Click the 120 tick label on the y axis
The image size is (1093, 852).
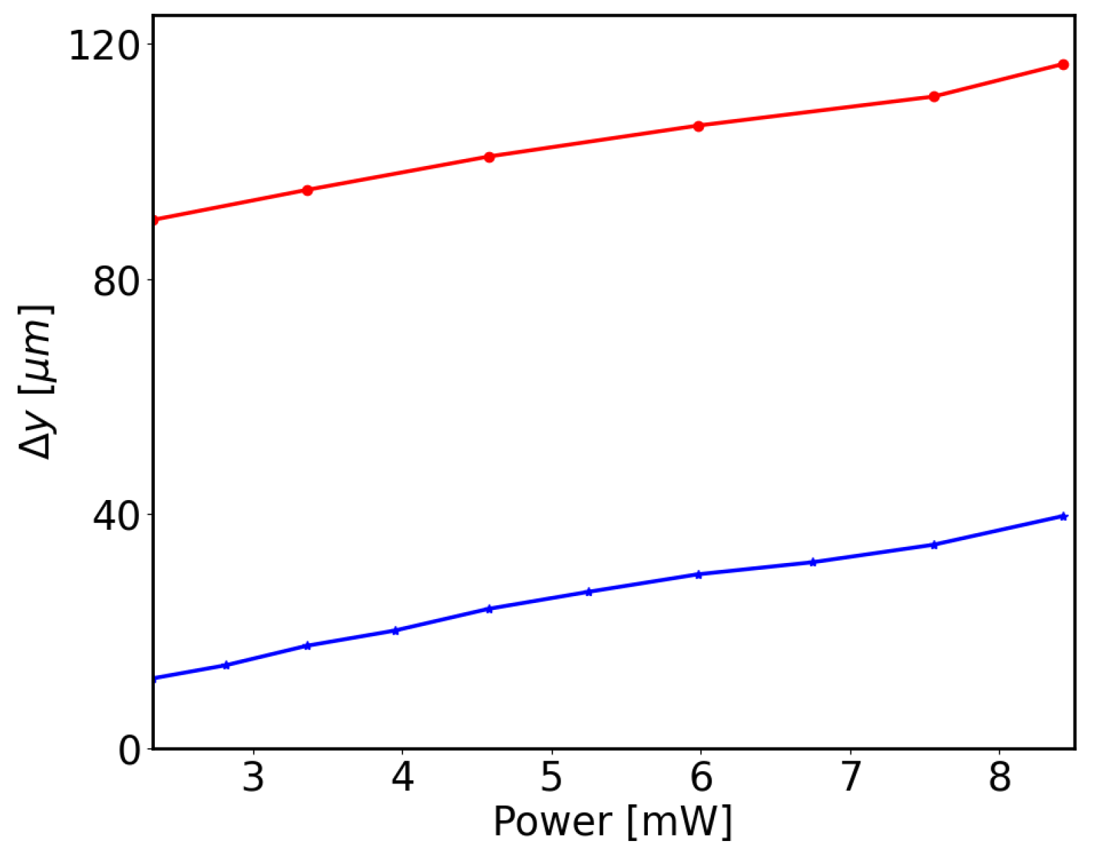(101, 47)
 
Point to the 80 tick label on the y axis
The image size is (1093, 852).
(113, 281)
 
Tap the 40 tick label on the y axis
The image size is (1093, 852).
(113, 517)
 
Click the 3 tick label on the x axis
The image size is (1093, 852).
(254, 777)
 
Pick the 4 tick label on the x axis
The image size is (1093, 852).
(402, 777)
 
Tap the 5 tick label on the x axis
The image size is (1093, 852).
(552, 777)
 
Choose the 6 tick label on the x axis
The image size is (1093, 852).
(701, 777)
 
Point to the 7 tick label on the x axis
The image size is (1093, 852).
(850, 777)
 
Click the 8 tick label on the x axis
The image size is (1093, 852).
(1000, 777)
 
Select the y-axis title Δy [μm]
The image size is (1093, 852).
(36, 382)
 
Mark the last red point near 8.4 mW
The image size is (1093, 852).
(1063, 65)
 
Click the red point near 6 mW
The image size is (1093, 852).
(698, 126)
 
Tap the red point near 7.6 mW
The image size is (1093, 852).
(934, 97)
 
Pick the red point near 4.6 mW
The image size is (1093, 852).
(489, 157)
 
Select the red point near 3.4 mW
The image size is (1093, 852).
(308, 190)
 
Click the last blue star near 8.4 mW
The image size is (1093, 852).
(1063, 516)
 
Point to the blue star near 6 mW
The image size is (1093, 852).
(698, 574)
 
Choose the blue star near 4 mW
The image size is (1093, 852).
(395, 630)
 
